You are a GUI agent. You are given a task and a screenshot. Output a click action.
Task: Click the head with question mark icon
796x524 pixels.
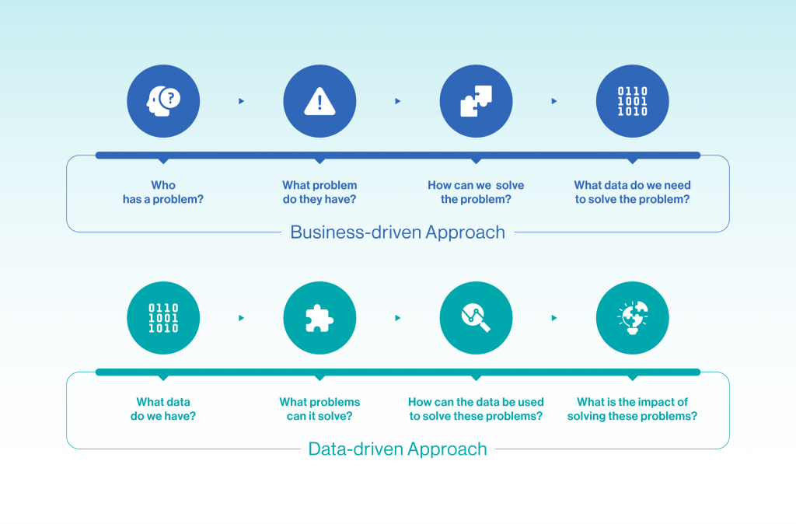pos(163,101)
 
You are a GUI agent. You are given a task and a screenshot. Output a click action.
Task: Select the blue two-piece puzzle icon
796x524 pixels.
pos(477,101)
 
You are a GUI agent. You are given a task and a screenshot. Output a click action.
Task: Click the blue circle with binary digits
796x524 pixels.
pos(633,101)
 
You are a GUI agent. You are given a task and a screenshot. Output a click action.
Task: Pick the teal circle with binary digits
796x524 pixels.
pos(163,318)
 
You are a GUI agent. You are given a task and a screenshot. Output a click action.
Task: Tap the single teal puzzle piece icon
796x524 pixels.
pos(319,318)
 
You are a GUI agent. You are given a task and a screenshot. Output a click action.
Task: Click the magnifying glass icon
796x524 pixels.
pos(477,318)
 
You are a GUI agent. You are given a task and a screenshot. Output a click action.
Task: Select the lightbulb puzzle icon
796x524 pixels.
pos(633,318)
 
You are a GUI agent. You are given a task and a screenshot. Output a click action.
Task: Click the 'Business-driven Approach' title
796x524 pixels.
pos(397,232)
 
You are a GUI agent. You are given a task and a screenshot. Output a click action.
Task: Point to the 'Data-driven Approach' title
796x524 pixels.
pos(397,449)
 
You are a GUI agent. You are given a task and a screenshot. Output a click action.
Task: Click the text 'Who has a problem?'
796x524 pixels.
pos(163,192)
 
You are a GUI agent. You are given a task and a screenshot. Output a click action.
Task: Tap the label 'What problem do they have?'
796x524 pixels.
pos(319,192)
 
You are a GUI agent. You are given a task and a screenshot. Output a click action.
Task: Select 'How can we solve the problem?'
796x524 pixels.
pos(476,192)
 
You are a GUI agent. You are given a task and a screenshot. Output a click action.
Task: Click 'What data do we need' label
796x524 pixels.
pos(633,185)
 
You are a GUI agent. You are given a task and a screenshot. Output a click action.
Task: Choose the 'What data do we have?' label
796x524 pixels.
pos(163,409)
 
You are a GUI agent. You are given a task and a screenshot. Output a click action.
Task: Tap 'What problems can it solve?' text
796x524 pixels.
pos(319,409)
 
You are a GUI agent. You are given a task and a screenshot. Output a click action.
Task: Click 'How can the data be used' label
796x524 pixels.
pos(476,402)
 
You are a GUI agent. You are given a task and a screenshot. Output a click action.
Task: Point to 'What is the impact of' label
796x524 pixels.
pos(633,402)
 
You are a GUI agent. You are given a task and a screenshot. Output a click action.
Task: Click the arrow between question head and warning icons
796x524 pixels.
pos(241,101)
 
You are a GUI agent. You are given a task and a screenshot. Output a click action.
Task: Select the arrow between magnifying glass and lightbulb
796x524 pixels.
pos(553,318)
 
